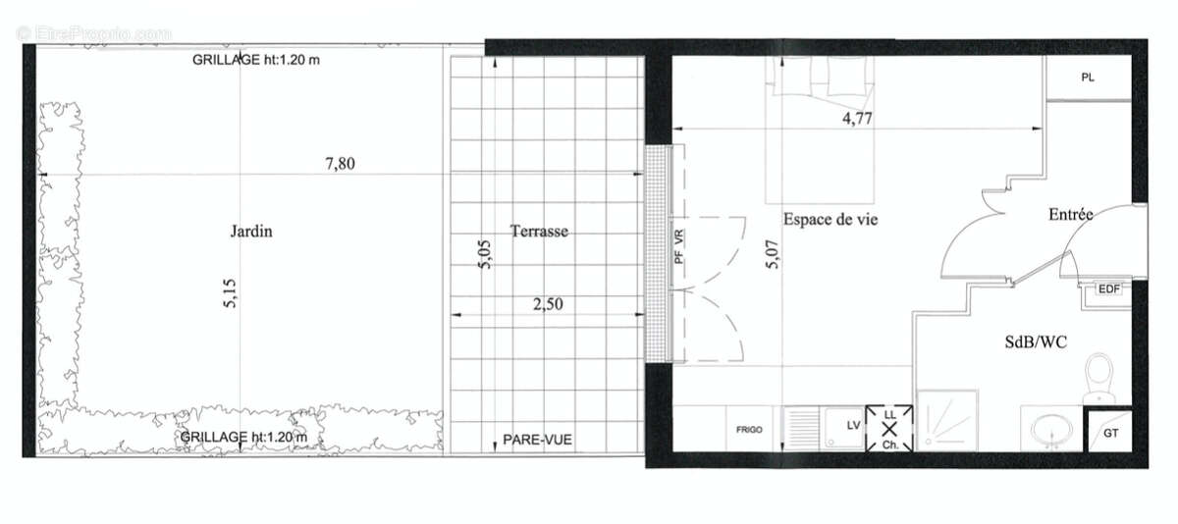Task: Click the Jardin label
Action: click(x=251, y=233)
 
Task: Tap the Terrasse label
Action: click(x=539, y=232)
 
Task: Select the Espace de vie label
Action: click(x=830, y=220)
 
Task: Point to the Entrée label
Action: click(x=1071, y=214)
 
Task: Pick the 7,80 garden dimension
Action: click(x=340, y=164)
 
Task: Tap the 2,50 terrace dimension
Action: click(x=548, y=303)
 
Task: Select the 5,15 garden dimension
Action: click(x=230, y=291)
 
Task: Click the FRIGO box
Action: click(x=750, y=430)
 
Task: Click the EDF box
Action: click(x=1108, y=288)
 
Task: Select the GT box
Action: click(x=1111, y=432)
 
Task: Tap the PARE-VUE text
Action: click(x=537, y=440)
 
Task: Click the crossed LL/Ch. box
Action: click(x=889, y=430)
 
